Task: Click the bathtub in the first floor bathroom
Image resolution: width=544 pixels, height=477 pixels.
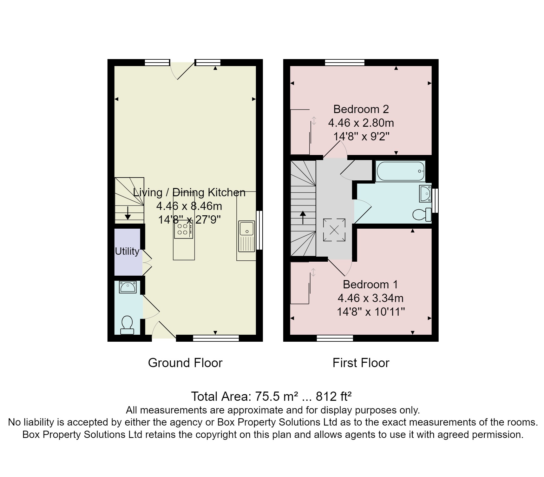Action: click(400, 171)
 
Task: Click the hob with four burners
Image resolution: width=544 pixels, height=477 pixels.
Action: click(183, 229)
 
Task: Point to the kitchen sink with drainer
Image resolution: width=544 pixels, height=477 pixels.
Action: click(247, 236)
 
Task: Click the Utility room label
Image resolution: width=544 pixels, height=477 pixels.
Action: click(127, 251)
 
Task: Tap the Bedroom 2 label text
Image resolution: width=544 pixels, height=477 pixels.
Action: click(361, 109)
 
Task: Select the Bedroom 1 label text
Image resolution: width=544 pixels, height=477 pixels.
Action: click(370, 284)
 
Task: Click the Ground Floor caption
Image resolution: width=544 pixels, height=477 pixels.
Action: click(185, 363)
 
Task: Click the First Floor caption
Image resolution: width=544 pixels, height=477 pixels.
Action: click(361, 363)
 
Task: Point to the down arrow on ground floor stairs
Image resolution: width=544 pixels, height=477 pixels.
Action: click(128, 213)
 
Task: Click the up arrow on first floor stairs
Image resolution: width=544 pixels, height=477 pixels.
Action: click(303, 218)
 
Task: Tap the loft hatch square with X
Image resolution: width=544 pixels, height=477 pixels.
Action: click(334, 230)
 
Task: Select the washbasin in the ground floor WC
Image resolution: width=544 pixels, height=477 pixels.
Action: click(128, 287)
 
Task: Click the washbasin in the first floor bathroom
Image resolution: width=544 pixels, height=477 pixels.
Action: click(425, 193)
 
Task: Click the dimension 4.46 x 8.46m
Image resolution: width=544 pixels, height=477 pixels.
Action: click(189, 206)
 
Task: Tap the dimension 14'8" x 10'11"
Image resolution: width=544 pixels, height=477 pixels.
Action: click(370, 312)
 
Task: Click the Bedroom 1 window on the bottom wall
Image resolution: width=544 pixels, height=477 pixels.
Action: click(335, 338)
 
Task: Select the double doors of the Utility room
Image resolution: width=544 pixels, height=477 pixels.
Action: click(147, 262)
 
